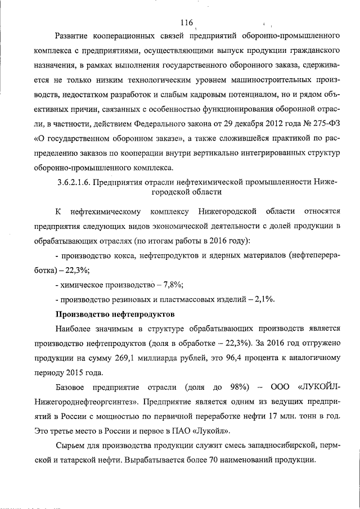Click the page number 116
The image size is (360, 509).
point(187,23)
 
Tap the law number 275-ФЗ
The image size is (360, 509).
point(326,138)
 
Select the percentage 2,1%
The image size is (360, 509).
point(263,298)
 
